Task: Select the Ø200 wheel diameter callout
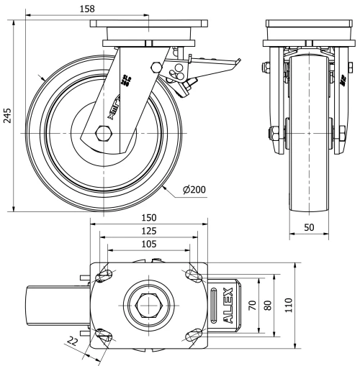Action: point(194,190)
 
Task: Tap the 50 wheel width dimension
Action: point(309,227)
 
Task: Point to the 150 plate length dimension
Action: point(148,218)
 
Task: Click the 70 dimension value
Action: point(252,305)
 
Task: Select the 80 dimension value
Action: point(268,305)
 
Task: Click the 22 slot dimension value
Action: point(73,340)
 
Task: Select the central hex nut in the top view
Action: point(148,305)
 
